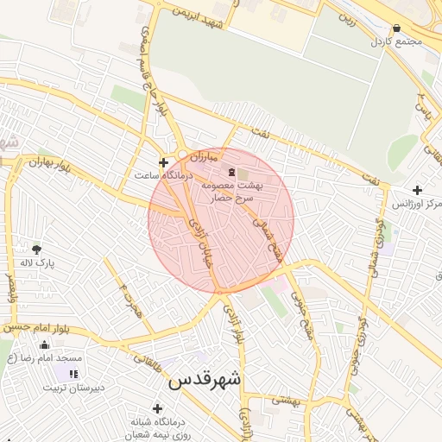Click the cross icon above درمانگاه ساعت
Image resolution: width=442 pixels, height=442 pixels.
tap(163, 162)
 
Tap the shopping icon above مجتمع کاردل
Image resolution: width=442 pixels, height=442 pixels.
tap(396, 28)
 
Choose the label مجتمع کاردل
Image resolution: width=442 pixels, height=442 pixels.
tap(396, 41)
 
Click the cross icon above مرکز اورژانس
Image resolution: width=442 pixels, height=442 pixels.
tap(418, 190)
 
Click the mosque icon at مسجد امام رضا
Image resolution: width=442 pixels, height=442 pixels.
tap(44, 344)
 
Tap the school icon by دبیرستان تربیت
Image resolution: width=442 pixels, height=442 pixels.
tap(73, 374)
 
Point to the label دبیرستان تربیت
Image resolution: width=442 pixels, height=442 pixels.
tap(75, 387)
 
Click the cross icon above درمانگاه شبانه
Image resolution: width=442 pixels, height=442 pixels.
tap(156, 408)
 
